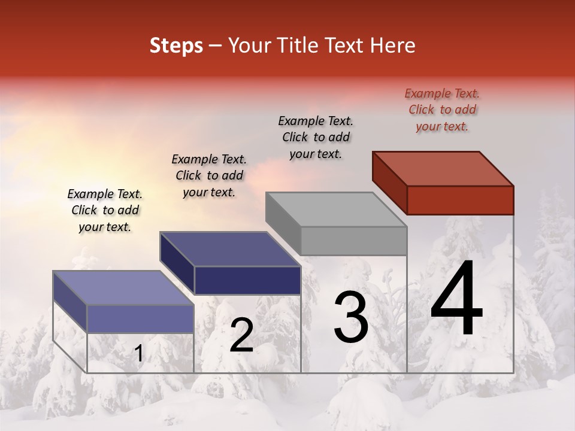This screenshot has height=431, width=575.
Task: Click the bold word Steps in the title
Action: click(x=176, y=45)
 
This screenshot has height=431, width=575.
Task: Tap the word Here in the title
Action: click(x=393, y=45)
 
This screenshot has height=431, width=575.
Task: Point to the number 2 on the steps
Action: click(x=242, y=335)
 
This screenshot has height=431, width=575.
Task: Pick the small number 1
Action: click(x=139, y=354)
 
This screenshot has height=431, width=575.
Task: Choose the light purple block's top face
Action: click(x=123, y=288)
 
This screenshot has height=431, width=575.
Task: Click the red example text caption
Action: click(x=442, y=110)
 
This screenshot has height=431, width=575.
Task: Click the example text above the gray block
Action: click(x=316, y=137)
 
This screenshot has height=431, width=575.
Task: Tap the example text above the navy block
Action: click(x=209, y=175)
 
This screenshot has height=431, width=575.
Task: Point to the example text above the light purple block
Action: click(x=105, y=210)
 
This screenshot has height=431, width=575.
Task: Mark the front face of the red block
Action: click(x=460, y=200)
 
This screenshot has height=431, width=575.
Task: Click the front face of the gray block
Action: click(x=353, y=241)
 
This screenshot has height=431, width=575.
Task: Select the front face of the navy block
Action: click(x=247, y=280)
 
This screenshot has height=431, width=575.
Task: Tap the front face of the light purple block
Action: click(x=140, y=318)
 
